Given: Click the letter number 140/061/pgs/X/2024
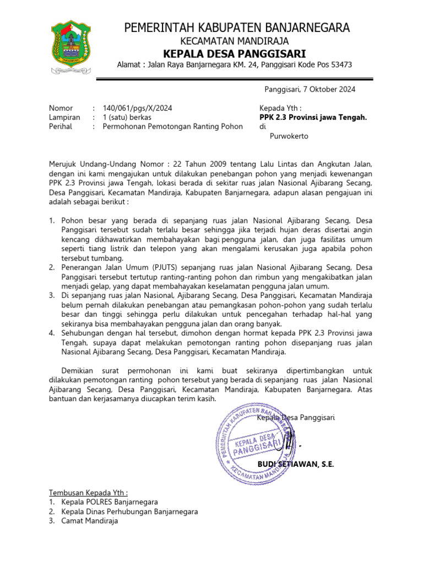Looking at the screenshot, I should point(137,108).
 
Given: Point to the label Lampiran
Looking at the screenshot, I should point(64,117).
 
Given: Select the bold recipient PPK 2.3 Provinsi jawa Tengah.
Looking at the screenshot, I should point(313,117).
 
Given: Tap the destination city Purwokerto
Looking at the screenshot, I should point(289,136).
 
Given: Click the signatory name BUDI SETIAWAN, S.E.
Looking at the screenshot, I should point(296,464).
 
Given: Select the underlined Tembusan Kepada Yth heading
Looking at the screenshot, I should point(89,492).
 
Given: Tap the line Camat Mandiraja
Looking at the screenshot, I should point(90,520).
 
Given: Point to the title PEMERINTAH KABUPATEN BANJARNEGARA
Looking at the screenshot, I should point(237,28).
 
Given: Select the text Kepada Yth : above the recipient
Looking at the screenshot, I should point(280,108).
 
